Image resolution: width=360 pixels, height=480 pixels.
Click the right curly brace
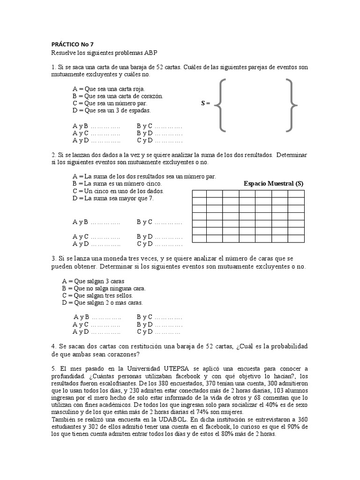click(x=291, y=105)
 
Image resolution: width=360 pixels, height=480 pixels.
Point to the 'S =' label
click(x=205, y=103)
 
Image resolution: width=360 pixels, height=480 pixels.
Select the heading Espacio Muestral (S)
click(x=273, y=184)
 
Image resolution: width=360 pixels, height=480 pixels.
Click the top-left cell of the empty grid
click(x=200, y=194)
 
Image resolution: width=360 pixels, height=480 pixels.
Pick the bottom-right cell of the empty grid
click(x=296, y=239)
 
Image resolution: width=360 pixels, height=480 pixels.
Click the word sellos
click(x=123, y=296)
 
